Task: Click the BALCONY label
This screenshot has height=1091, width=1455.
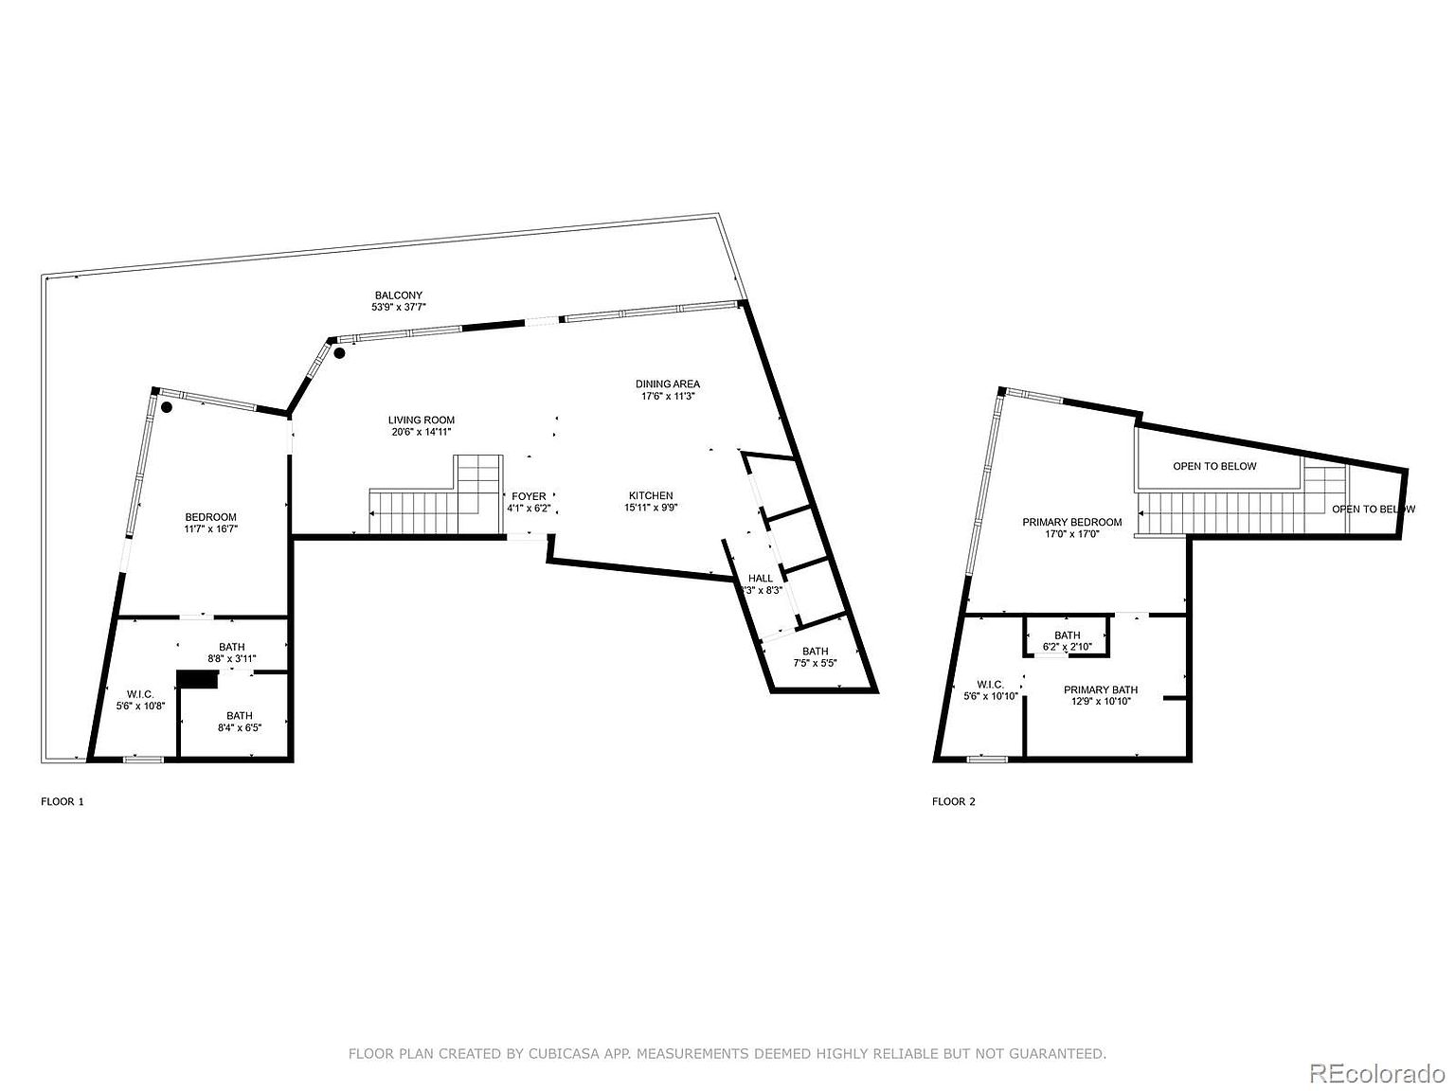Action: click(398, 295)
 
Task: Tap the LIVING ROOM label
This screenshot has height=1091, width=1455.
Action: click(421, 420)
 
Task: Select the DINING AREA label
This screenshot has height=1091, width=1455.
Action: click(667, 385)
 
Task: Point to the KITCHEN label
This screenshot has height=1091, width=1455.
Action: click(651, 495)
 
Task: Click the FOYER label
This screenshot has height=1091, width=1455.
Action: click(529, 496)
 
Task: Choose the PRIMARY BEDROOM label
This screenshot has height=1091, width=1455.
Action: click(1071, 522)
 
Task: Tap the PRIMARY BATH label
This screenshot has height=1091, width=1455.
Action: click(1100, 689)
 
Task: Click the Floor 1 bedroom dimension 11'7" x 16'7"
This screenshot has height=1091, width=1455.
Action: click(210, 529)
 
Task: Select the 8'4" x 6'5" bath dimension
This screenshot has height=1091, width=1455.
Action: click(239, 728)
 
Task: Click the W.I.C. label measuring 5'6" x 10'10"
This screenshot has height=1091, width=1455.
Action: click(990, 684)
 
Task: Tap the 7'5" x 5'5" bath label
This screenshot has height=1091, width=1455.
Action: click(815, 651)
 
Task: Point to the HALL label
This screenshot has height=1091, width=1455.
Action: click(761, 578)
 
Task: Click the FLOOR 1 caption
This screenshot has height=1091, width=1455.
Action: click(63, 801)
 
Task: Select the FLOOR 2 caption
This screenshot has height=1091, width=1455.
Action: click(953, 801)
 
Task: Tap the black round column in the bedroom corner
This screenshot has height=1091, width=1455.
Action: click(166, 408)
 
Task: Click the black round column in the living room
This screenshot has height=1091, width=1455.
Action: click(339, 353)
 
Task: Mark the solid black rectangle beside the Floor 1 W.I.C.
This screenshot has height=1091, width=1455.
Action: click(198, 679)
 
